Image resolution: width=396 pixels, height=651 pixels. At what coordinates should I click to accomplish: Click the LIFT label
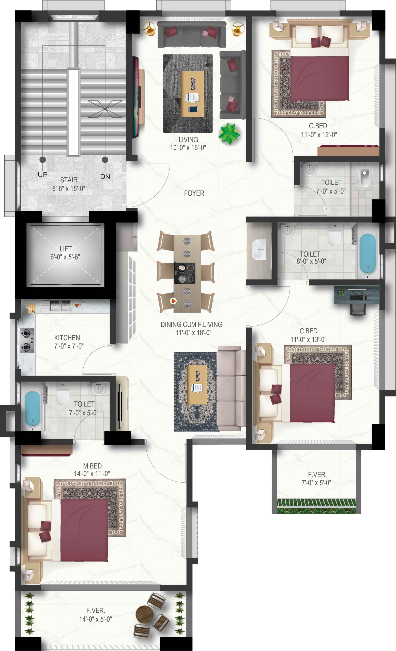pos(66,249)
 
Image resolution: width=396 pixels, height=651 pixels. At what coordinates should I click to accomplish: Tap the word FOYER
pos(194,193)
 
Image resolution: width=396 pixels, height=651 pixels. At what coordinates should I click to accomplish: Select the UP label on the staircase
pos(42,175)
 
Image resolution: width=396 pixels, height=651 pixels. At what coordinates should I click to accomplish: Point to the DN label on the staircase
pos(105,176)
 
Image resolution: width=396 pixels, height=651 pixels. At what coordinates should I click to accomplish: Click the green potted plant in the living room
pos(229,134)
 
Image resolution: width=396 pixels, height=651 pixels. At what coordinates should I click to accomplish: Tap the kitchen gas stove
pos(27,340)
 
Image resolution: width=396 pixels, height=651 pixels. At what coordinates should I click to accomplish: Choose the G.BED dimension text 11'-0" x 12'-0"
pos(319,135)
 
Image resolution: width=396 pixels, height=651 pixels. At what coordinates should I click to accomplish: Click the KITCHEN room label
pos(67,338)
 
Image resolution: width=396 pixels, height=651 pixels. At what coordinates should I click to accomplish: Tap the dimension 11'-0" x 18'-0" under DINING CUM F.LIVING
pos(193,333)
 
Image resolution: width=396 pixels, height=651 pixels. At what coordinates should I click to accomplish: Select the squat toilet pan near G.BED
pos(365,177)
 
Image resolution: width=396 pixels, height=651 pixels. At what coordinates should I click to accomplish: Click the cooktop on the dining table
pos(185,273)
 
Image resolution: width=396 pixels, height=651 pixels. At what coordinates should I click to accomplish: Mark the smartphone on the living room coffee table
pos(193,109)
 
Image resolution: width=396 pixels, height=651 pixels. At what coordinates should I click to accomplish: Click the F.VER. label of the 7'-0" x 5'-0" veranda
pos(317,475)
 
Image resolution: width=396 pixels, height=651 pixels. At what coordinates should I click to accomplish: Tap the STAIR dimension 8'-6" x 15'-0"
pos(69,188)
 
